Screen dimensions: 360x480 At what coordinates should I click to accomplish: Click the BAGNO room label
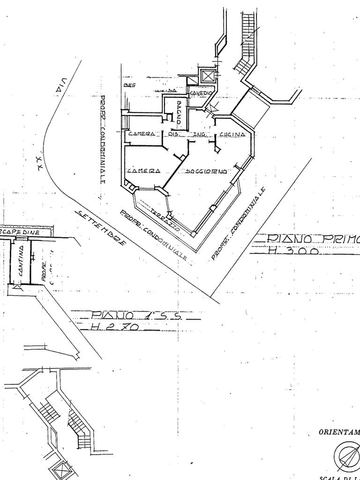point(179,112)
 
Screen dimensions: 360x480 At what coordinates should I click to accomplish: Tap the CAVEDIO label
point(201,94)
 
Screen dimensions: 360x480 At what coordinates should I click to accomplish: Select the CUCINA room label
point(232,135)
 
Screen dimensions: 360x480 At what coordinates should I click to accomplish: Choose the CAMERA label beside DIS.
point(142,134)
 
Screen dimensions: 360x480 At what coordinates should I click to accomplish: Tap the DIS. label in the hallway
point(169,134)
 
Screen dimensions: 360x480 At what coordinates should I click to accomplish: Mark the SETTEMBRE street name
point(101,228)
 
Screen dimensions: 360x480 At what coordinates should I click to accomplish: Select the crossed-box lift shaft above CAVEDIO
point(207,75)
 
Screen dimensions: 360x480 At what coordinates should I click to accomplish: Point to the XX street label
point(41,162)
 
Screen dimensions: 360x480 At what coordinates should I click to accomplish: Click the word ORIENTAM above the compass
point(339,432)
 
